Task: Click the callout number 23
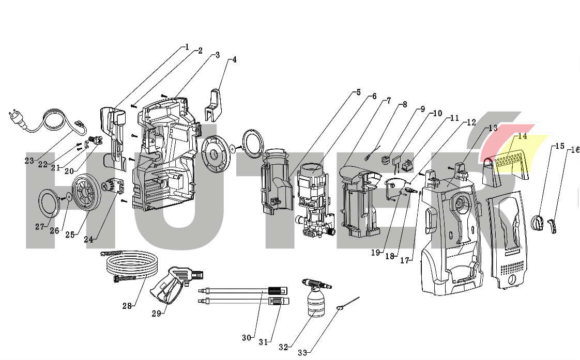click(29, 161)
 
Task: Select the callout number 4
click(234, 59)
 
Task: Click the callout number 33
click(302, 353)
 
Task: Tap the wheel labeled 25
click(84, 193)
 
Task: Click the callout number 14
click(522, 136)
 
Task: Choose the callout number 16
click(574, 150)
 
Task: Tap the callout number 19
click(376, 253)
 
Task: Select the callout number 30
click(247, 338)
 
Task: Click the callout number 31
click(264, 342)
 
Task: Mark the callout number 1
click(187, 46)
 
